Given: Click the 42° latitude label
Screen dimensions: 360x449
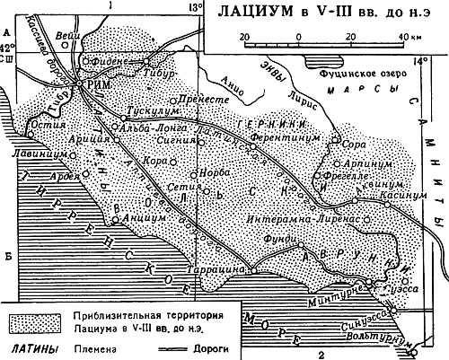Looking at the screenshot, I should tap(7, 48).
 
